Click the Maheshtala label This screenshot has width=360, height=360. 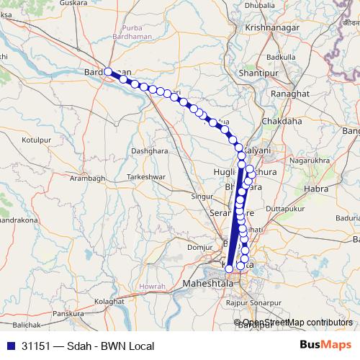click(209, 284)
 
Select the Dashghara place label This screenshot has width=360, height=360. click(149, 151)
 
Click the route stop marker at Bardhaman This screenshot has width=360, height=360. click(108, 71)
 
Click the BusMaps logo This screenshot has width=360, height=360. click(325, 346)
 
